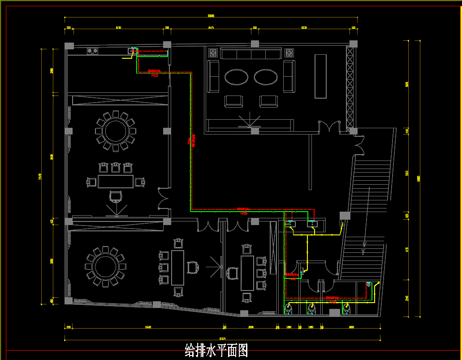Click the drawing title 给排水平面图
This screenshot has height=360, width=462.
pyautogui.click(x=216, y=350)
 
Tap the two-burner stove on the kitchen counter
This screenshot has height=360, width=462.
pyautogui.click(x=93, y=51)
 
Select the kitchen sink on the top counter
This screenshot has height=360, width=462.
pyautogui.click(x=133, y=50)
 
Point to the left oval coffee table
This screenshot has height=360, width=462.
pyautogui.click(x=236, y=77)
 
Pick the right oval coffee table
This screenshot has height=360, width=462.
pyautogui.click(x=267, y=77)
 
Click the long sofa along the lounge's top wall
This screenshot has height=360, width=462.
pyautogui.click(x=250, y=54)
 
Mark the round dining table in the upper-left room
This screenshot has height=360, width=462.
pyautogui.click(x=115, y=130)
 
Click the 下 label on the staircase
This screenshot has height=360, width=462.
pyautogui.click(x=363, y=252)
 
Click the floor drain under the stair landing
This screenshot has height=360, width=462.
pyautogui.click(x=368, y=284)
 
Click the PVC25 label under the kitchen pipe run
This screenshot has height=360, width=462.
pyautogui.click(x=155, y=76)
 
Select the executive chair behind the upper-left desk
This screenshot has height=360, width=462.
pyautogui.click(x=116, y=196)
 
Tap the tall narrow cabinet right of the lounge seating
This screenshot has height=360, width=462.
pyautogui.click(x=320, y=76)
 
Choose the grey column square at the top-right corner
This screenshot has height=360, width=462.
pyautogui.click(x=353, y=43)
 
